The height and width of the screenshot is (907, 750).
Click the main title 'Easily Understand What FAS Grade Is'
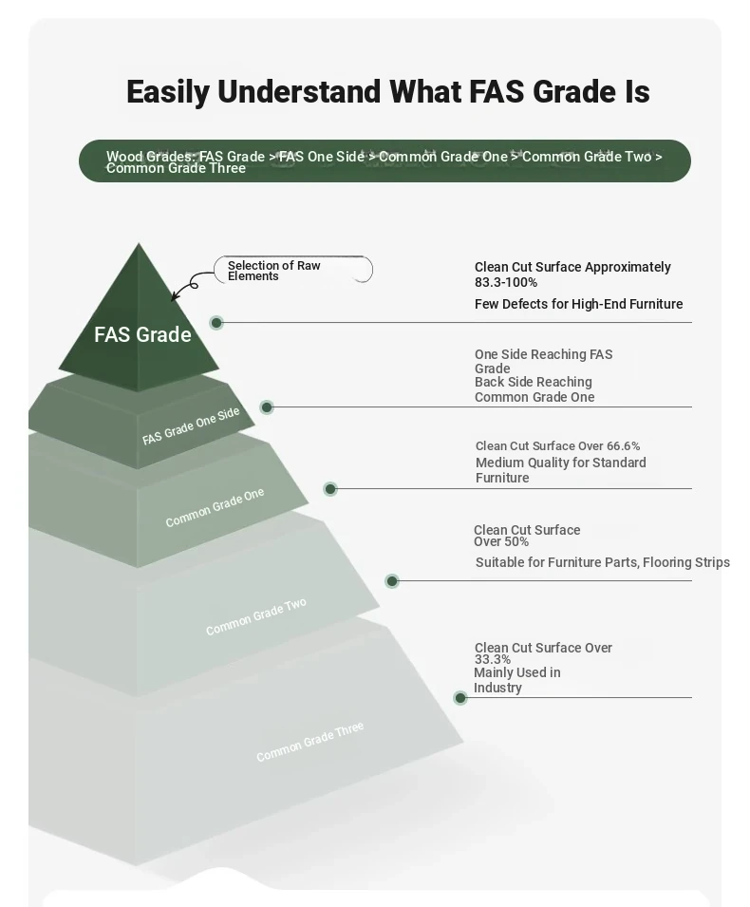click(388, 92)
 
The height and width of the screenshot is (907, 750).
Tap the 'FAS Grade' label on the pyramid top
click(142, 334)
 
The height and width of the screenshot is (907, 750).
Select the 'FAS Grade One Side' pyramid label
click(191, 425)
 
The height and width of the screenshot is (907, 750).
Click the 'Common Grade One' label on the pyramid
click(215, 507)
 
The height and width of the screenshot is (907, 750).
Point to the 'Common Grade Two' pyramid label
click(255, 616)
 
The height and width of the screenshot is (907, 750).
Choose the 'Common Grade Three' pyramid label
click(309, 742)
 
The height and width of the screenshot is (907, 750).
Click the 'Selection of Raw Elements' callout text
click(274, 271)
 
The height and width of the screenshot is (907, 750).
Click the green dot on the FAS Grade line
click(216, 323)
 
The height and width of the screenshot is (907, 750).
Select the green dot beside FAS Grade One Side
click(267, 407)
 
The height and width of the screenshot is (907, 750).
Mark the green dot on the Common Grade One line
click(330, 489)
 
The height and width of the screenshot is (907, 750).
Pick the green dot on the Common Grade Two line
click(392, 581)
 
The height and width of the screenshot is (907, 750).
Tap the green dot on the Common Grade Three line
click(460, 698)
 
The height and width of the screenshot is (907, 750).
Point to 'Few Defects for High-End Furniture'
click(578, 304)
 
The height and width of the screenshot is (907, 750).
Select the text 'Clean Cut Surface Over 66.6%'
click(557, 446)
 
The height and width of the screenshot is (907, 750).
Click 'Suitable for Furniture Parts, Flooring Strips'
click(603, 562)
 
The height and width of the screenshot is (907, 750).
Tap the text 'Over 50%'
click(500, 542)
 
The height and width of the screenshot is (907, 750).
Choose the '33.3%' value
click(493, 659)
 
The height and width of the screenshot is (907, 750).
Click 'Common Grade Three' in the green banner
click(176, 168)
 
